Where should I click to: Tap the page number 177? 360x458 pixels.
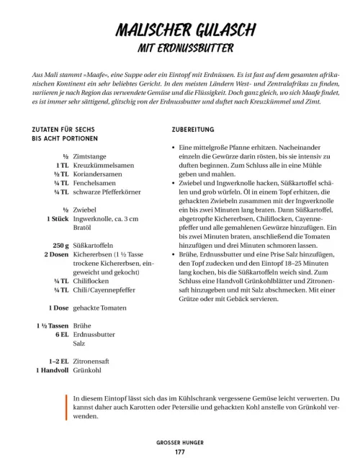[180, 452]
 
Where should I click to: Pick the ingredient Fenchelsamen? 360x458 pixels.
[94, 184]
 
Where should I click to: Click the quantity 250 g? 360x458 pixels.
[58, 245]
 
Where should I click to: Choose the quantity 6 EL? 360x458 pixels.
[60, 336]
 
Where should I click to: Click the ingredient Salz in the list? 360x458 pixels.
[80, 345]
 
